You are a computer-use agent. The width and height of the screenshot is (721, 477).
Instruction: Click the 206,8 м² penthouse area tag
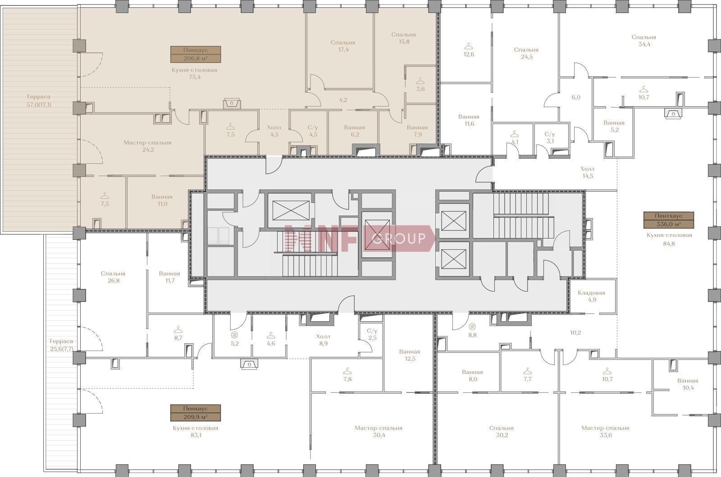tap(196, 54)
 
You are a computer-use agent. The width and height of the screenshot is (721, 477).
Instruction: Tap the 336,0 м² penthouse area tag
tap(669, 220)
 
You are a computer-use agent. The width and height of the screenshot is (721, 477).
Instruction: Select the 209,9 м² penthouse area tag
tap(196, 413)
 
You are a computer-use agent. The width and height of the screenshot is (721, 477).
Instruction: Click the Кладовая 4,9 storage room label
tap(592, 297)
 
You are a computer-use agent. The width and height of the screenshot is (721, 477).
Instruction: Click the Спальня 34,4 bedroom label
tap(644, 41)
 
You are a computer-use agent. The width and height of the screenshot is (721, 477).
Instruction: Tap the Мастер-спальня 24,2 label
tap(148, 146)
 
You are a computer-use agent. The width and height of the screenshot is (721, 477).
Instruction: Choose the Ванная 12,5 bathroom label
tap(410, 355)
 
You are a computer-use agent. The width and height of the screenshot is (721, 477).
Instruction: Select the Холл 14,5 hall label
tap(588, 172)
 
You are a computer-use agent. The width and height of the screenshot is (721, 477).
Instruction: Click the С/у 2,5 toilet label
tap(372, 334)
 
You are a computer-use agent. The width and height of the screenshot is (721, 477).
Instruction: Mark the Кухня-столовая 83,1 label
tap(196, 432)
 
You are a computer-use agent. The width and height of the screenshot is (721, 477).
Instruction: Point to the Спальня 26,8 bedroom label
tap(113, 277)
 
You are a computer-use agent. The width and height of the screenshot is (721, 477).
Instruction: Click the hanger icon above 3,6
tap(420, 81)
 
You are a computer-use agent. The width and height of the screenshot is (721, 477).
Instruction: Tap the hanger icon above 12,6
tap(469, 46)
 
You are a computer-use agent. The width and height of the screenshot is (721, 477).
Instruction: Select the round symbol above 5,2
tap(235, 335)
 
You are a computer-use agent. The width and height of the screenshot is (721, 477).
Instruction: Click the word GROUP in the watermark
tap(399, 238)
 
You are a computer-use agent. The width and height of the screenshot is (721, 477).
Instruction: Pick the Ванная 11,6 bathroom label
tap(469, 120)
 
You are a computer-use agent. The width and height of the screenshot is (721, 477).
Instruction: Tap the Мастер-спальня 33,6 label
tap(605, 432)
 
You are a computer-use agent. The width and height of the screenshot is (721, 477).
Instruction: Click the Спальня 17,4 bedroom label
tap(343, 46)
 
